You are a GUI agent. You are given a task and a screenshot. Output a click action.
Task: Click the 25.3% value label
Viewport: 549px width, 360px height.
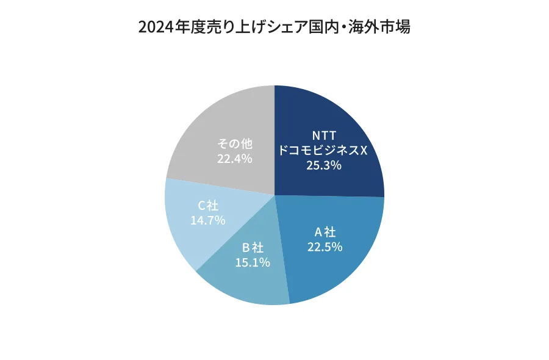point(323,165)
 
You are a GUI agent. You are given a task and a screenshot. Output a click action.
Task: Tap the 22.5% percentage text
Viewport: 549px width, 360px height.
point(325,247)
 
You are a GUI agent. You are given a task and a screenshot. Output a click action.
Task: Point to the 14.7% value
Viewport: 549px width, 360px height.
point(208,220)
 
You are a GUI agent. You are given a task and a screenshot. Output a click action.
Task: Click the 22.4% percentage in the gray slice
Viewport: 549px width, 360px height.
point(235,159)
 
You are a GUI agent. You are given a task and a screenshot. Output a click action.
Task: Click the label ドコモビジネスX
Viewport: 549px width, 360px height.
point(323,150)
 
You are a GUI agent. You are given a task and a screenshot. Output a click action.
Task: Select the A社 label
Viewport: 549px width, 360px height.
point(325,232)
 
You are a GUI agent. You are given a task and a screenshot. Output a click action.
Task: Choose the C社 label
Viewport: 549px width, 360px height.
point(208,206)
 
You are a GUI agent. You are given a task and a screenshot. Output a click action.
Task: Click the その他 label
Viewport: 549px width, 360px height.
point(235,144)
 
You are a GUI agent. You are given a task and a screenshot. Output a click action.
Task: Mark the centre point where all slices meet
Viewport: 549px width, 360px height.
point(274,195)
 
